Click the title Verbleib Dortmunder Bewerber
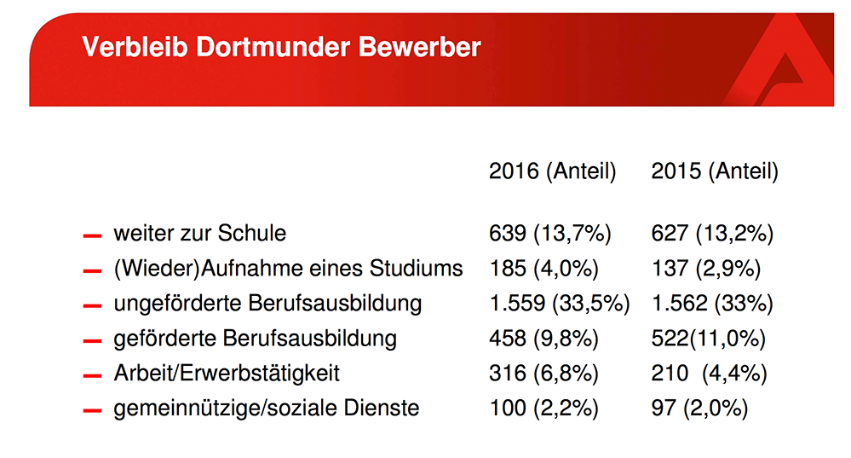(281, 46)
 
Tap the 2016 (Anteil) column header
(552, 171)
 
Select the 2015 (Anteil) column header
(715, 171)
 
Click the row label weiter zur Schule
(199, 233)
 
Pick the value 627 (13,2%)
(712, 233)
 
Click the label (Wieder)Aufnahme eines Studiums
(288, 269)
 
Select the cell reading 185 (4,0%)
(543, 269)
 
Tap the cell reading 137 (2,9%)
(706, 269)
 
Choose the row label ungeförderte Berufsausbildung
(267, 304)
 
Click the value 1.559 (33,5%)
(560, 304)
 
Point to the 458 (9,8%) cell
(543, 339)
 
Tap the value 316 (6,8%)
(543, 374)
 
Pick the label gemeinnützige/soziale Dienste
(266, 409)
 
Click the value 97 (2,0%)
(699, 409)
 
